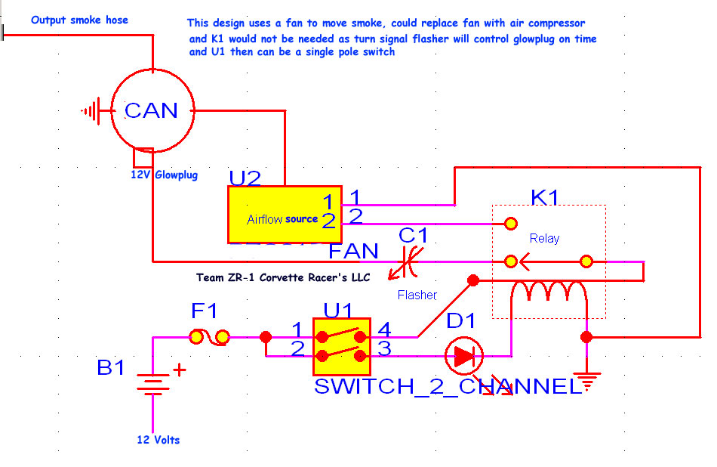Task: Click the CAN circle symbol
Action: pyautogui.click(x=152, y=111)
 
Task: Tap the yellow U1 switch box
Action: pyautogui.click(x=341, y=346)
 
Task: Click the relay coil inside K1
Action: pyautogui.click(x=548, y=291)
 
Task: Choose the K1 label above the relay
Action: pyautogui.click(x=545, y=198)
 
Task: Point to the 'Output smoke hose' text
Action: pyautogui.click(x=79, y=20)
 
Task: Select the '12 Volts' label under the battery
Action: pyautogui.click(x=158, y=440)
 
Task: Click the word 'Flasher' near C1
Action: pyautogui.click(x=417, y=295)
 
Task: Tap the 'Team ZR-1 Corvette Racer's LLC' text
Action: pyautogui.click(x=283, y=277)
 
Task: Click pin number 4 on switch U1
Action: pyautogui.click(x=384, y=329)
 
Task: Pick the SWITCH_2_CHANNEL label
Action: pyautogui.click(x=448, y=387)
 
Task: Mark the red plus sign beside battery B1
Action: pyautogui.click(x=180, y=370)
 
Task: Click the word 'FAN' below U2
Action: pyautogui.click(x=353, y=249)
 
